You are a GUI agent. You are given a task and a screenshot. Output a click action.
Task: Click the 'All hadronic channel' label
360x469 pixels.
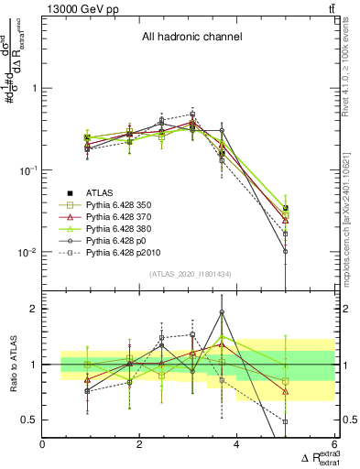pyautogui.click(x=191, y=38)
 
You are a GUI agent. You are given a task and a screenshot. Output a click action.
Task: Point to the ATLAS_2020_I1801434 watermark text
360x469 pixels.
pyautogui.click(x=190, y=275)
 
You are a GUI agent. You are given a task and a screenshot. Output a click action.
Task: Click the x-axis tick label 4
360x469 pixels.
pyautogui.click(x=236, y=444)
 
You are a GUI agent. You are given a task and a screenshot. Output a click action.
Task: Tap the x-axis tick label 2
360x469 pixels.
pyautogui.click(x=139, y=444)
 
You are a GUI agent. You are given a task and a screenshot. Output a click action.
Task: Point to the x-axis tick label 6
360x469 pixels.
pyautogui.click(x=333, y=444)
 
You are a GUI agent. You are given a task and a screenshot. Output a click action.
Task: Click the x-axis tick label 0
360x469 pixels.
pyautogui.click(x=43, y=444)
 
